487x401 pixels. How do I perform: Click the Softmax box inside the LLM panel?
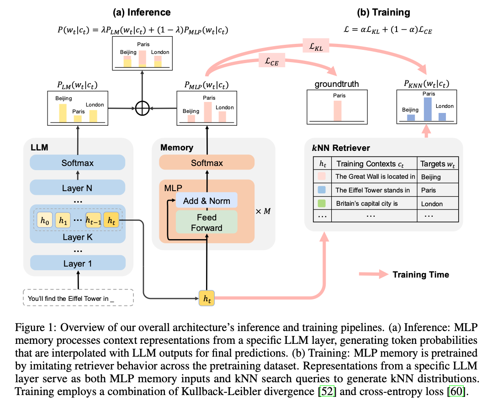pyautogui.click(x=78, y=163)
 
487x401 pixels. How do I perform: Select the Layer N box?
pyautogui.click(x=78, y=187)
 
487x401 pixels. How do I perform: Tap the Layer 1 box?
pyautogui.click(x=78, y=263)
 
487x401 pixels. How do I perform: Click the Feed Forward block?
pyautogui.click(x=206, y=222)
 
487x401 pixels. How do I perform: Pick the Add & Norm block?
pyautogui.click(x=206, y=201)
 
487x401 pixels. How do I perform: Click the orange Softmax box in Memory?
pyautogui.click(x=206, y=163)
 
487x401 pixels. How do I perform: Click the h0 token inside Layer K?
pyautogui.click(x=44, y=221)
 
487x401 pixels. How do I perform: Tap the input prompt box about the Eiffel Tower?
pyautogui.click(x=78, y=298)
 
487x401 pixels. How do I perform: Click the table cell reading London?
pyautogui.click(x=432, y=204)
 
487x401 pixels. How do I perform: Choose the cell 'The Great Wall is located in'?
pyautogui.click(x=375, y=176)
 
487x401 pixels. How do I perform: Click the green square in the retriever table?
pyautogui.click(x=322, y=203)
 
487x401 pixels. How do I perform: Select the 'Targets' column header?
pyautogui.click(x=437, y=163)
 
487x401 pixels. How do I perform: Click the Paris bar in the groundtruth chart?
pyautogui.click(x=337, y=111)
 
